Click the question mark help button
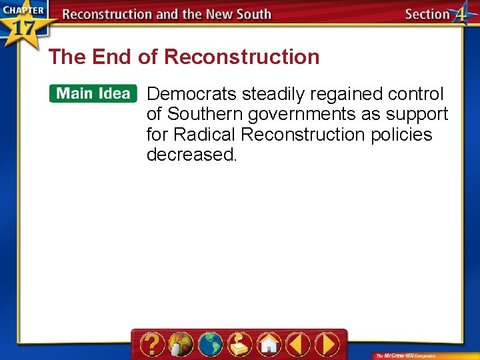click(153, 344)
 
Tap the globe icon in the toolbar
click(210, 344)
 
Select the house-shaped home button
click(269, 344)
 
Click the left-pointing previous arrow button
click(298, 344)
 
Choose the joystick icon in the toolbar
click(239, 344)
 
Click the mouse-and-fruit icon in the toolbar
click(181, 344)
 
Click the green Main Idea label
click(93, 93)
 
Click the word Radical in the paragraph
click(205, 135)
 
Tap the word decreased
click(191, 155)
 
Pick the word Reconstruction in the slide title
click(241, 57)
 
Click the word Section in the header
click(427, 14)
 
